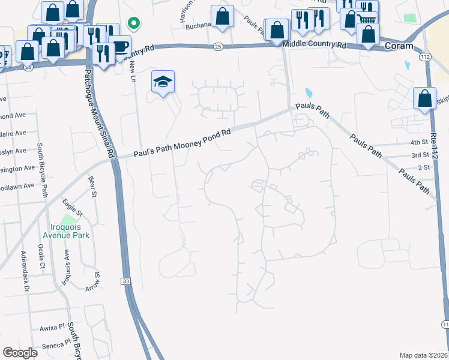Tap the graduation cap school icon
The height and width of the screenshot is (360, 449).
[x=163, y=82]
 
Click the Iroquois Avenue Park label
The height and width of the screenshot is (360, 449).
[x=70, y=231]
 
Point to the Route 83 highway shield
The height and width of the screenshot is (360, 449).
[x=125, y=281]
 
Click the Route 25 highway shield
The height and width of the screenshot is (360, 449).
[x=218, y=46]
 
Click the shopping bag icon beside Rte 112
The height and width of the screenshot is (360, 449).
[x=424, y=99]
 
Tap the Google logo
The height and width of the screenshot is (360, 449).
[x=20, y=353]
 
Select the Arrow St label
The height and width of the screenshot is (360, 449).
[x=96, y=279]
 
